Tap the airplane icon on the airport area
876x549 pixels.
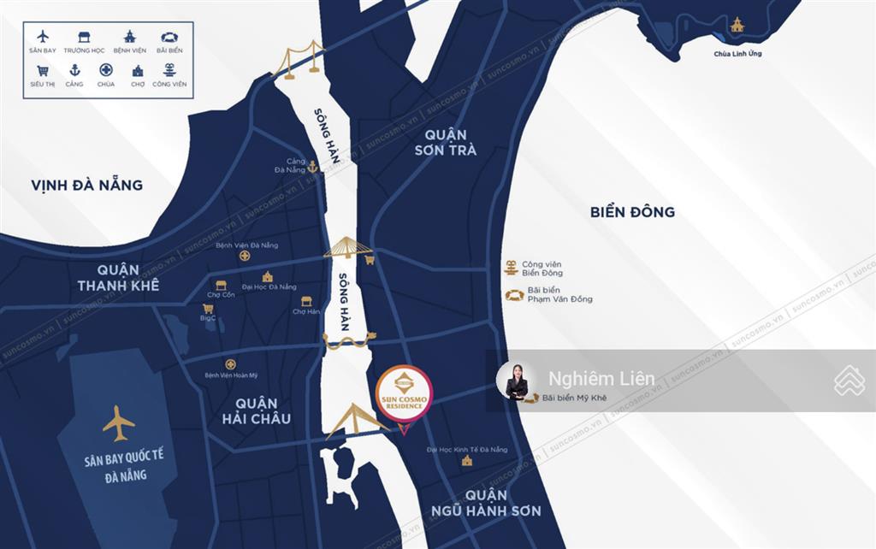[118, 423]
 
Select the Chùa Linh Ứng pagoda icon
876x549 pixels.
[737, 25]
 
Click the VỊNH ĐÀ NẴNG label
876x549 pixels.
[86, 185]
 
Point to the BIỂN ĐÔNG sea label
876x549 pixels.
[632, 211]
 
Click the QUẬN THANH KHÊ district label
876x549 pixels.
[118, 278]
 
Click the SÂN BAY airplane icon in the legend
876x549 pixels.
[43, 37]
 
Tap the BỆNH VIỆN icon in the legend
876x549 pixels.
[129, 37]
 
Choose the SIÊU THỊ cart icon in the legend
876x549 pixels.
[43, 71]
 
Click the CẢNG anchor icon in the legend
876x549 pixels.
[74, 71]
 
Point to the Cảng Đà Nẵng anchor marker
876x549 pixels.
[313, 167]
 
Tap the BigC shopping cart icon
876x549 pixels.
[207, 308]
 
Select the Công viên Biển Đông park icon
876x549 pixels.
[511, 268]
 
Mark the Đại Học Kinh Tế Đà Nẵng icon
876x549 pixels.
[467, 462]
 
